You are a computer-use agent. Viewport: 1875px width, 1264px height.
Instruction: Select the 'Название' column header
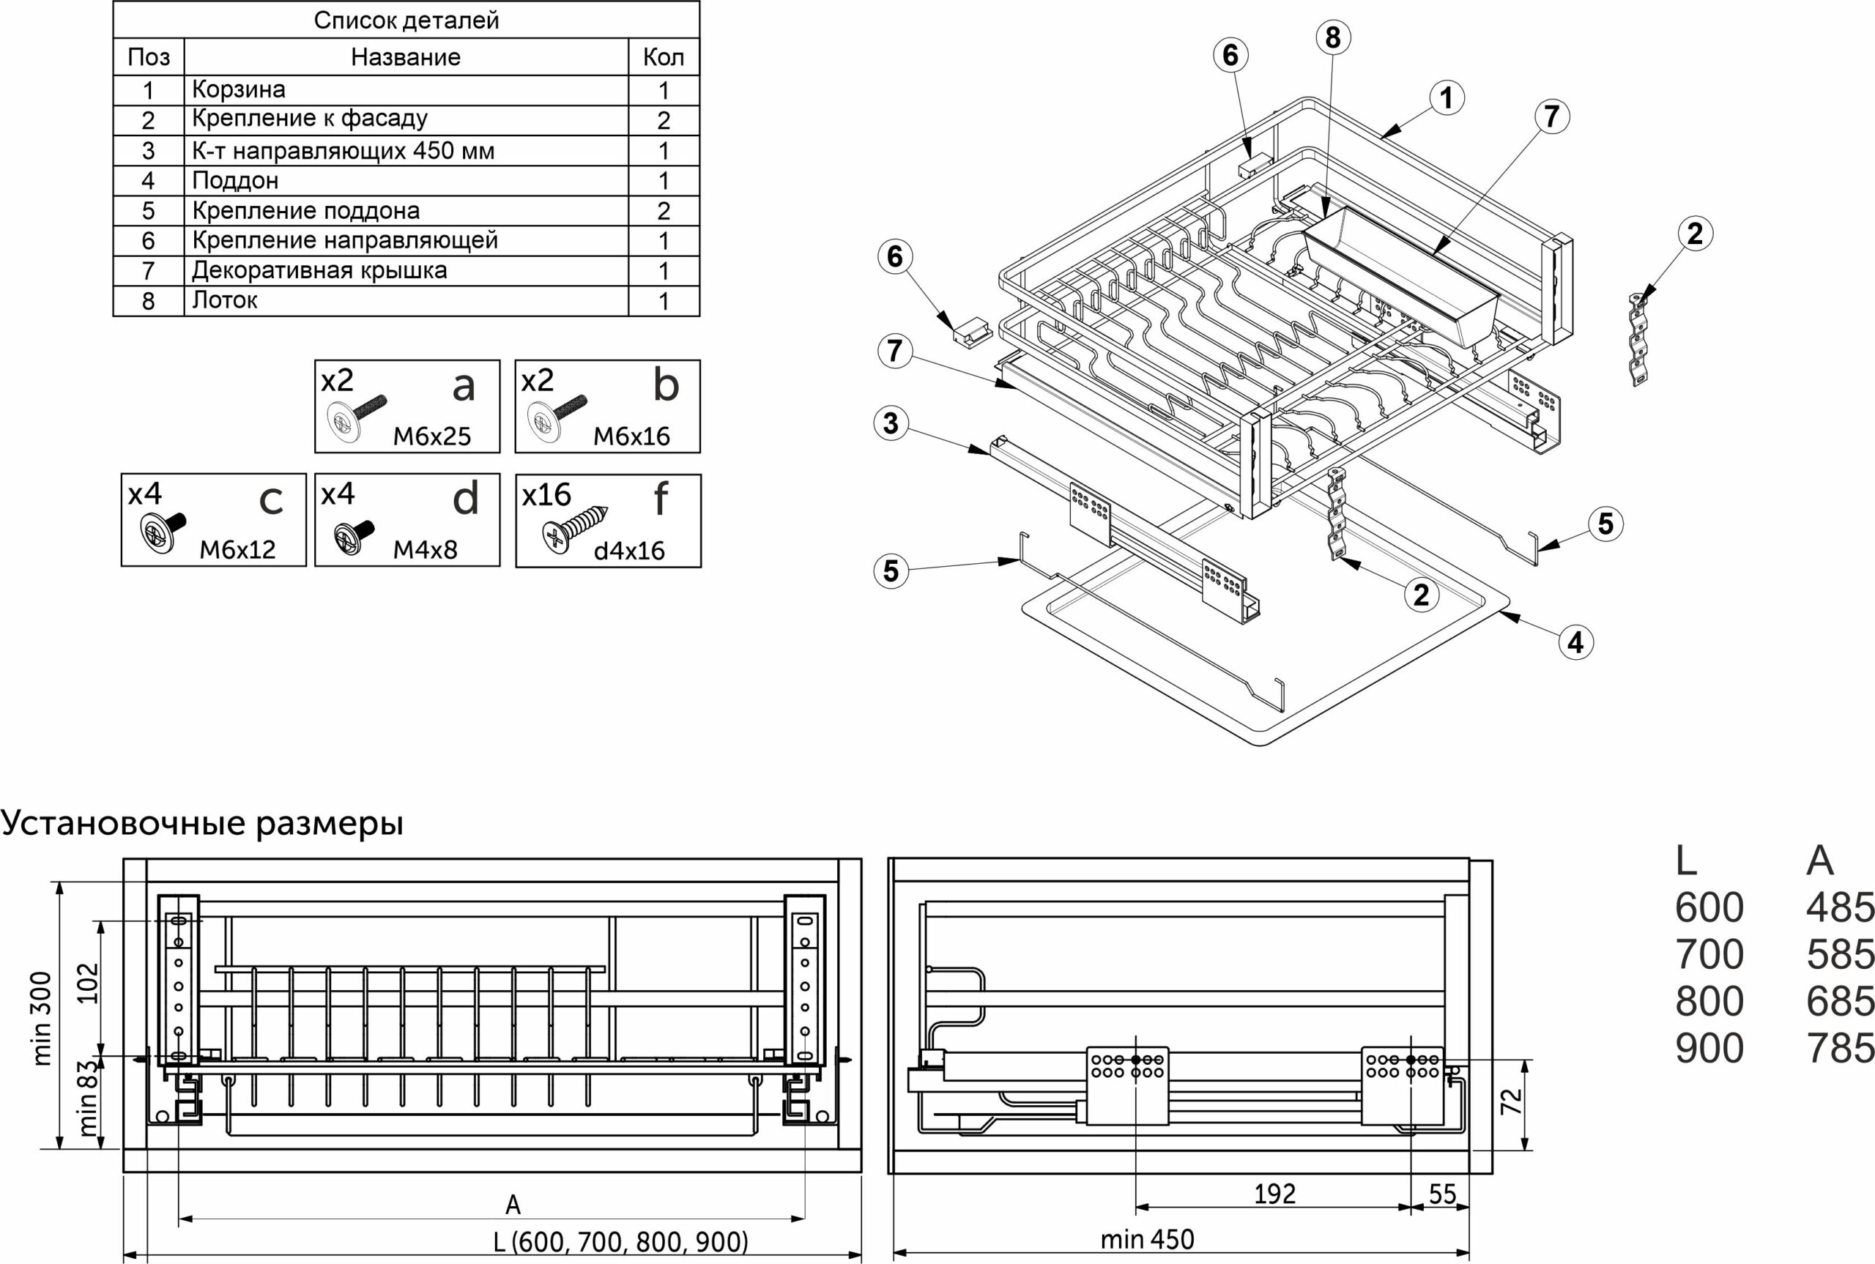406,57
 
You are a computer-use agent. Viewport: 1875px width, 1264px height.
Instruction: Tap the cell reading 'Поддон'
235,181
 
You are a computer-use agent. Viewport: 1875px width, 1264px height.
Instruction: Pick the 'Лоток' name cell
225,301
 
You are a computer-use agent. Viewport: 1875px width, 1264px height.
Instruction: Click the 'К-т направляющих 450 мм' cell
344,151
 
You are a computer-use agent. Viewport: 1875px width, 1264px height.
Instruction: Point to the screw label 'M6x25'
432,436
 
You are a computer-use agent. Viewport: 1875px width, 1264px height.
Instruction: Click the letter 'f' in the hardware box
661,497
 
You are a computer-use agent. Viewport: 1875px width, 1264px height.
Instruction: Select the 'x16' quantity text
546,494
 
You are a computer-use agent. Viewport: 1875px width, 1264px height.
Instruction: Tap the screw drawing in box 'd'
354,536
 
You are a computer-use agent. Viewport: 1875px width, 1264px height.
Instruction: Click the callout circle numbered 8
1332,37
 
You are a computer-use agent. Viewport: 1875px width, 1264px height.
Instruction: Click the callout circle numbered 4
1575,642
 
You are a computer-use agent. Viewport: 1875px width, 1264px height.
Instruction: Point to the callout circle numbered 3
891,423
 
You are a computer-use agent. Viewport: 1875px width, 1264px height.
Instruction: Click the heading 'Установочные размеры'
201,823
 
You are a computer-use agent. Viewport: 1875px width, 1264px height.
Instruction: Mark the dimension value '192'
1274,1194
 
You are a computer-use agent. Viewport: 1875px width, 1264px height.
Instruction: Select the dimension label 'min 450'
1147,1239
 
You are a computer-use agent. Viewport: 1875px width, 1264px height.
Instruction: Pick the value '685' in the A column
1841,1002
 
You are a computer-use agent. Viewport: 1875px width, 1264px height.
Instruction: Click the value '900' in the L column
1709,1049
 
